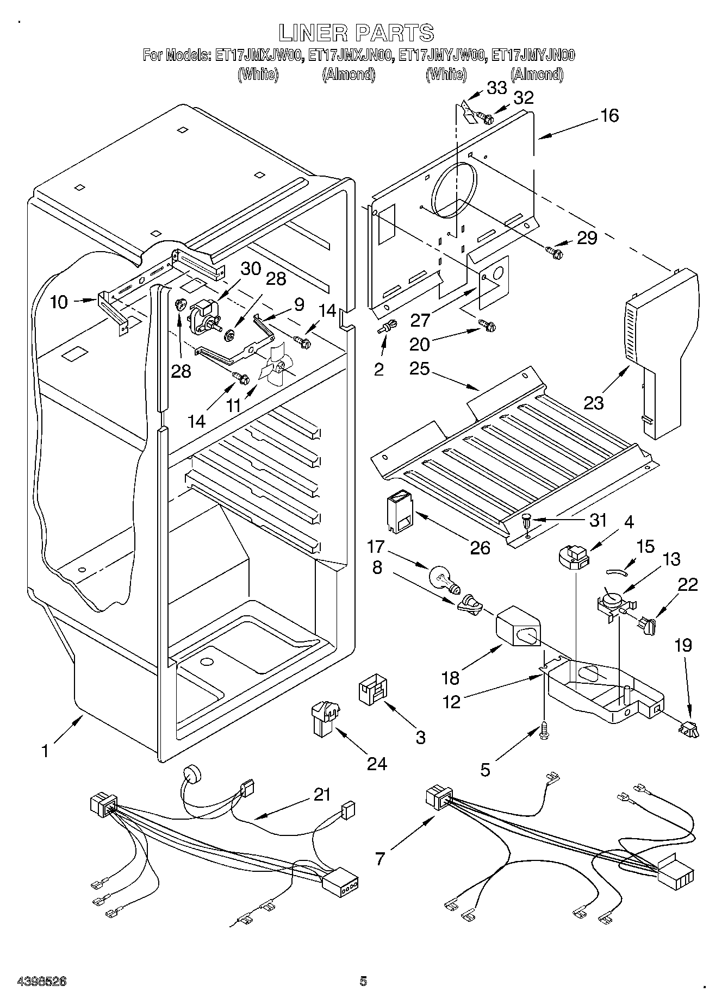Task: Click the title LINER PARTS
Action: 356,33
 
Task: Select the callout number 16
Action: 609,115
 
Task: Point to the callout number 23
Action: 594,403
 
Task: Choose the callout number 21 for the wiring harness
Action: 322,795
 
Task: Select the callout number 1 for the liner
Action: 46,751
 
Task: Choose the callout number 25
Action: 420,369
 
